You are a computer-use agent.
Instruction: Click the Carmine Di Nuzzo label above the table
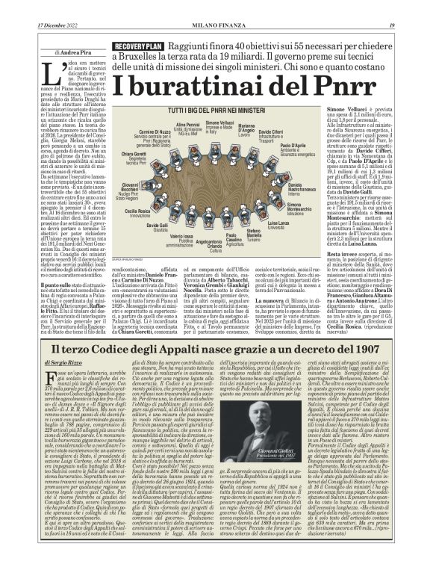(155, 133)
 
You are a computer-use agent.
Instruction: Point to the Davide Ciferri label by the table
(272, 133)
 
